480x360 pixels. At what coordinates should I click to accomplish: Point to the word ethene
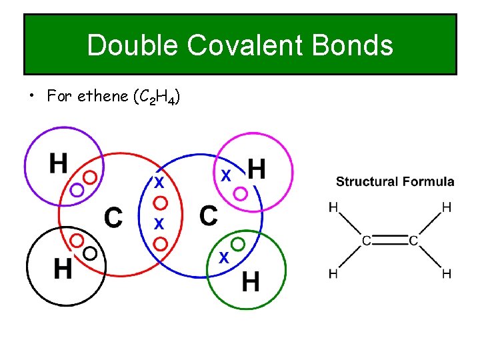point(103,96)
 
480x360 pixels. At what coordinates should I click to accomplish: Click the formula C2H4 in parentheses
point(156,97)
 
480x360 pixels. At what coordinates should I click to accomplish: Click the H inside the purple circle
point(58,163)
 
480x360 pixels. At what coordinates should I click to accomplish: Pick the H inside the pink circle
point(257,169)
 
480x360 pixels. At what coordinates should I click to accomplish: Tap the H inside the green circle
point(250,283)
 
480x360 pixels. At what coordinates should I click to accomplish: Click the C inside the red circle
point(113,217)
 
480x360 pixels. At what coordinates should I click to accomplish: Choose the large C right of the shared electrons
point(209,215)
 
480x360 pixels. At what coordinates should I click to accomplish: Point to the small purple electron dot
point(77,190)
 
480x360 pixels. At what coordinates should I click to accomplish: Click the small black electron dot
point(90,252)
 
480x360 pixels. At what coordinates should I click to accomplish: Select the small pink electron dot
point(241,193)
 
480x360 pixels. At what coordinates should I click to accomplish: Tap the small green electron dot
point(238,243)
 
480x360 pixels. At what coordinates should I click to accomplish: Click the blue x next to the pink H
point(226,175)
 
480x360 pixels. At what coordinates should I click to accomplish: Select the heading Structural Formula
point(395,181)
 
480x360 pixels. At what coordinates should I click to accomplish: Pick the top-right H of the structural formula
point(446,207)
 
